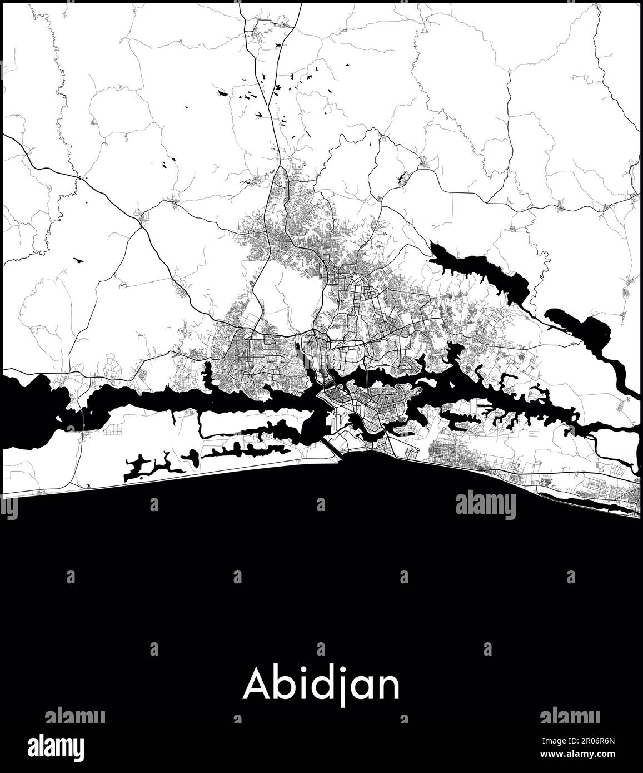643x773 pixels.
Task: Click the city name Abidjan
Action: pyautogui.click(x=321, y=686)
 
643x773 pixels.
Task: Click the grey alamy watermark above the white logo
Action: pyautogui.click(x=75, y=716)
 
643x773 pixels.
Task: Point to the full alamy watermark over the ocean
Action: pyautogui.click(x=485, y=505)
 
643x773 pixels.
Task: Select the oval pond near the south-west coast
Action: pyautogui.click(x=190, y=457)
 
